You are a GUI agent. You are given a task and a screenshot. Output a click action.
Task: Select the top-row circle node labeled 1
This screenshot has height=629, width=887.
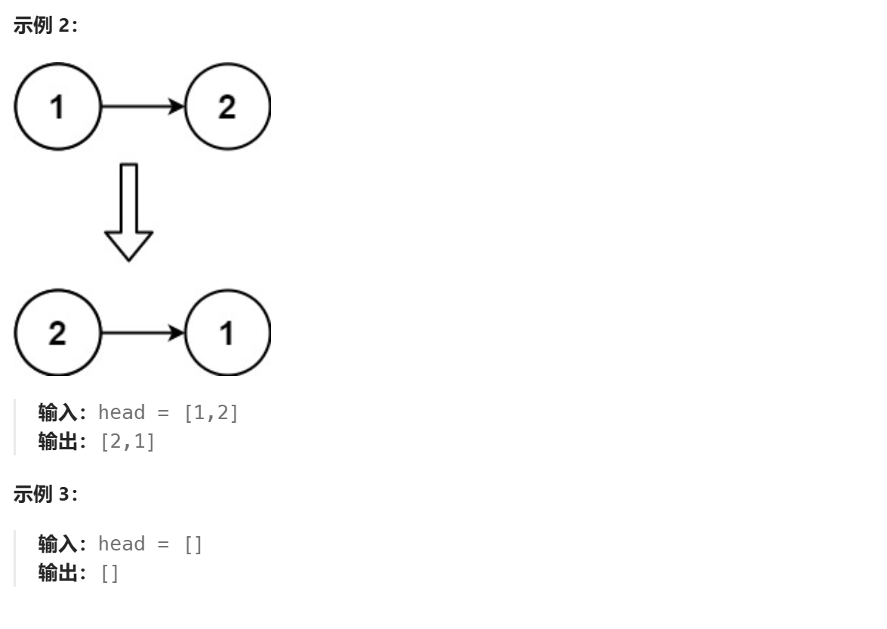[x=57, y=107]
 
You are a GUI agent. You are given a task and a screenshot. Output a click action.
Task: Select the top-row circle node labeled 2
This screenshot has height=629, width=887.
[x=226, y=107]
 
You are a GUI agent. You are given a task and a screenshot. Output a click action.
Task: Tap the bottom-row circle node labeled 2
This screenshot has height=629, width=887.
[x=57, y=332]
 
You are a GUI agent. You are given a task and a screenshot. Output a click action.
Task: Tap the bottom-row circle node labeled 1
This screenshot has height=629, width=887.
[x=226, y=332]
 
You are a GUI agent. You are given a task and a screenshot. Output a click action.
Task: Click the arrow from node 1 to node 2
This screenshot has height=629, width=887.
[x=142, y=107]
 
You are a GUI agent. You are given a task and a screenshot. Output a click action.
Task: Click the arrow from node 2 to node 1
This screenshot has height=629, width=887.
[x=142, y=332]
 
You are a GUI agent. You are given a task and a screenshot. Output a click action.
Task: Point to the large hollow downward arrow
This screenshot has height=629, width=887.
[x=128, y=211]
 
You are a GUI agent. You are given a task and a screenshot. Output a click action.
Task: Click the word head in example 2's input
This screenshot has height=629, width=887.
[x=123, y=414]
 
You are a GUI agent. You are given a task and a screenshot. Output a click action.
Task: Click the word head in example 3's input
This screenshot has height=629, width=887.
[x=123, y=544]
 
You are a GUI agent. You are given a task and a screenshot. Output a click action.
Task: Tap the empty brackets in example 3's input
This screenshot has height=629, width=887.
[x=193, y=544]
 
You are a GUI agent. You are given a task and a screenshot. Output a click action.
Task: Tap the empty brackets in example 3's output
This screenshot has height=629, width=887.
[x=109, y=573]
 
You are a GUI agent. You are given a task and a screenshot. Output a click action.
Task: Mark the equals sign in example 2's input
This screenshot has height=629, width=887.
[x=165, y=415]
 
